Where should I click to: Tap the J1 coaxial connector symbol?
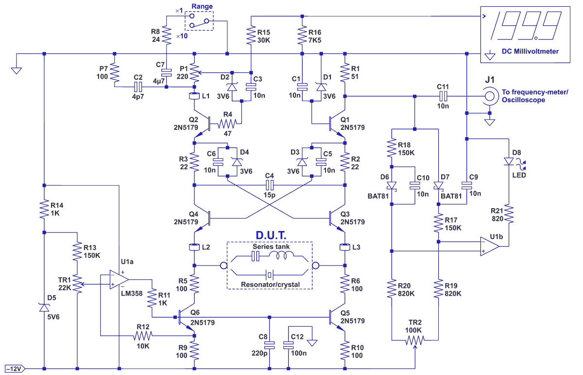(x=490, y=97)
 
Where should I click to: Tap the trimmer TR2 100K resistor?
(x=415, y=340)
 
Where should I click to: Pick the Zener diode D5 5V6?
(x=44, y=307)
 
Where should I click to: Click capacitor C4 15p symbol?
(x=270, y=185)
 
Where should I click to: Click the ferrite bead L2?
(x=194, y=247)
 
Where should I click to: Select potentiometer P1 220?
(x=194, y=72)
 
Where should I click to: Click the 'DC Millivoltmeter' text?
(x=531, y=51)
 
